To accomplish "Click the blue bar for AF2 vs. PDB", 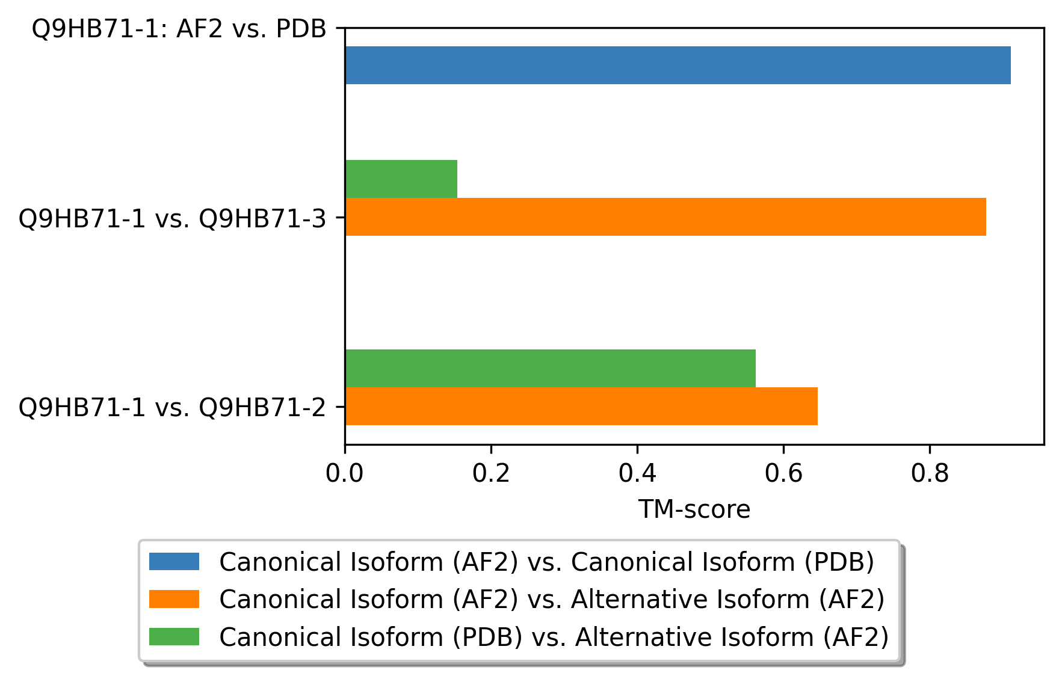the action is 678,65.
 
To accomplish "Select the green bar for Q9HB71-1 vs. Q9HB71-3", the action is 401,179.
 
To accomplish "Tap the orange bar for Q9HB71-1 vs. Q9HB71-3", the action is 665,217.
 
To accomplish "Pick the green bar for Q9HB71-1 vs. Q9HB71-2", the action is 551,368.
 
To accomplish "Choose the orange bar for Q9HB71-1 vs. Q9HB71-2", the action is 581,406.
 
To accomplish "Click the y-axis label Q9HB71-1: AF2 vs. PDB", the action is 179,29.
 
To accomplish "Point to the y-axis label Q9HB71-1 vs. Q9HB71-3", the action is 173,218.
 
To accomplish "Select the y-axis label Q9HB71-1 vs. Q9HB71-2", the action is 173,408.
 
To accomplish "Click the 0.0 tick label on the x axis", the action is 345,474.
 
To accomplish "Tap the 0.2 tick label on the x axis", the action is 491,474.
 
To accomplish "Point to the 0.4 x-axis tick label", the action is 637,474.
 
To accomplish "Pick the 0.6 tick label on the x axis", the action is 783,474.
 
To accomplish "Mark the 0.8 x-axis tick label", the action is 930,474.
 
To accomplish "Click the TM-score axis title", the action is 694,509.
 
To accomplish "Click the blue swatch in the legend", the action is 174,562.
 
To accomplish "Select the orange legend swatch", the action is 174,599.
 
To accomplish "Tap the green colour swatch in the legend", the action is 174,636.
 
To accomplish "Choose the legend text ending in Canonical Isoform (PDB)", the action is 547,562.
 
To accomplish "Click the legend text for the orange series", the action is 552,599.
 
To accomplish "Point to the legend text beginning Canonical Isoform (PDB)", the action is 554,637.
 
